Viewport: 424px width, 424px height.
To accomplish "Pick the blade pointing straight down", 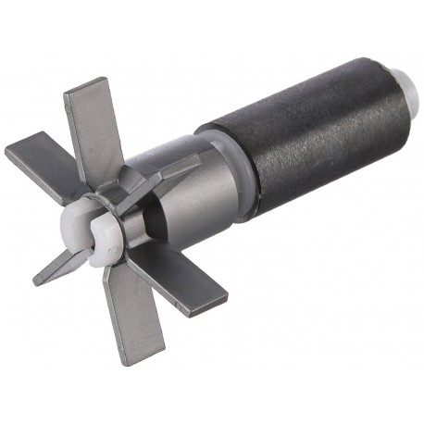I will coord(130,315).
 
